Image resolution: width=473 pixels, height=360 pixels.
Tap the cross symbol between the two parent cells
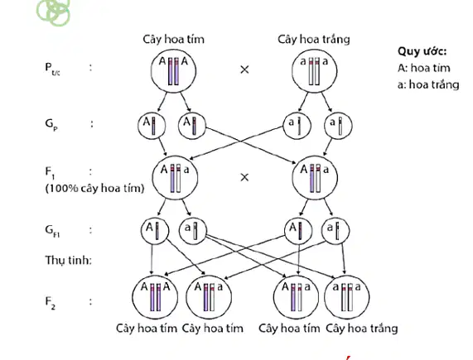coord(244,70)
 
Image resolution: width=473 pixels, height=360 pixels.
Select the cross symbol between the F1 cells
coord(244,177)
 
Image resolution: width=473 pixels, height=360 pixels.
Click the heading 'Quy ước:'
coord(422,51)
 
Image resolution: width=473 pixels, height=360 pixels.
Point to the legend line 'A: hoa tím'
coord(424,68)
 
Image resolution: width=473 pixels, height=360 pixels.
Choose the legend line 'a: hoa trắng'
coord(428,84)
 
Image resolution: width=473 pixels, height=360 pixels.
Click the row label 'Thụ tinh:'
coord(69,260)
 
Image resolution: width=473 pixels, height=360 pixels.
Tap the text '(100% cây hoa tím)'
coord(94,189)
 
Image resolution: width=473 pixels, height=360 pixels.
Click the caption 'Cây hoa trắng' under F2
coord(362,328)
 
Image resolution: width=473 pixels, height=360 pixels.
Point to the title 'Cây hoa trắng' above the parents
coord(314,40)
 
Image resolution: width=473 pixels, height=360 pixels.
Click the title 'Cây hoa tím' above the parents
coord(173,39)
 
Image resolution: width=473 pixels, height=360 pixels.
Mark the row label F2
coord(51,302)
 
